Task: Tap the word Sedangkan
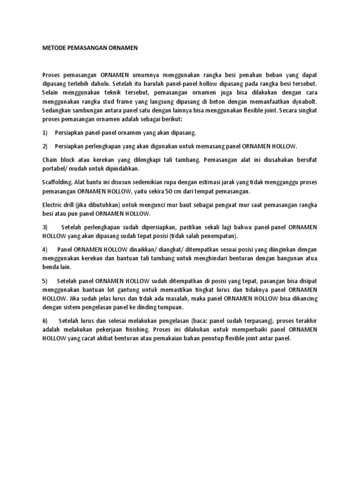pos(57,112)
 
